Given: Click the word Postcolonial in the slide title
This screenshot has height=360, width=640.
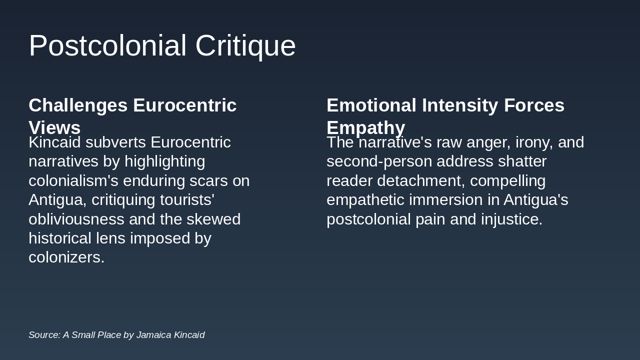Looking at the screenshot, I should (107, 46).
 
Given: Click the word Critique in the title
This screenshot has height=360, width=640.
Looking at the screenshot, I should (245, 46).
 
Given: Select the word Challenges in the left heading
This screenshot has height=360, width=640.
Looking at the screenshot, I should (78, 105).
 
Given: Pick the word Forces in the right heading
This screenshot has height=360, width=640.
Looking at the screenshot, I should (534, 105).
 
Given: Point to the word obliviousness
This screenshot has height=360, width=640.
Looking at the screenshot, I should (76, 219).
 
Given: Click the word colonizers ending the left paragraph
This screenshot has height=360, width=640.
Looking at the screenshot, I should (65, 257).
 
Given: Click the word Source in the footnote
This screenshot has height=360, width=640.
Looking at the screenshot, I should (44, 335).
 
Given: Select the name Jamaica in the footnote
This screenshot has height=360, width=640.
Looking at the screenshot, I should (154, 335).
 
